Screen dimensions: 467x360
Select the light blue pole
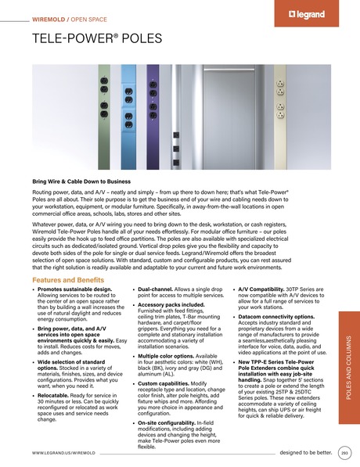[x=128, y=109]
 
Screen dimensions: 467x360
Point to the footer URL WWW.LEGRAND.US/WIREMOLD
[x=63, y=453]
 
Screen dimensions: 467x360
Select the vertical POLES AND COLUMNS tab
[x=347, y=368]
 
